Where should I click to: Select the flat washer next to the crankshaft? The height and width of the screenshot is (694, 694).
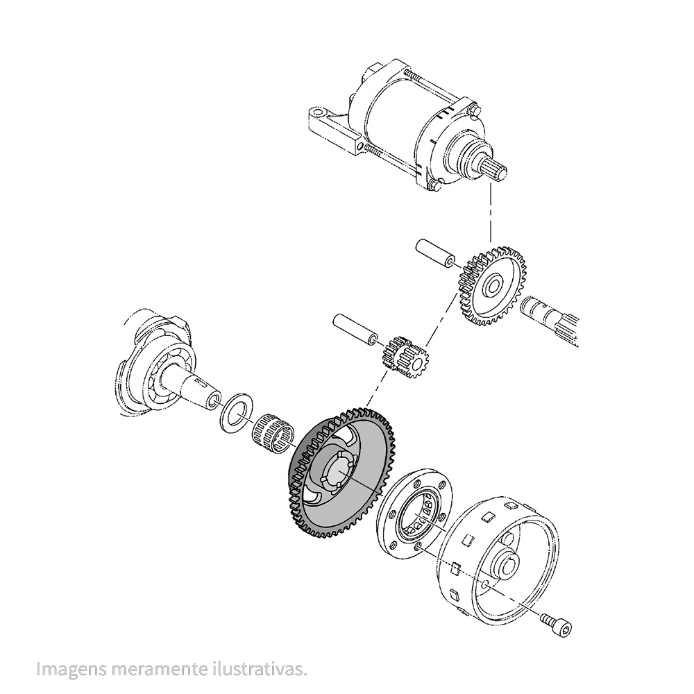pos(237,412)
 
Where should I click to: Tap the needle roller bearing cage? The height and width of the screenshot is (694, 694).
pos(273,433)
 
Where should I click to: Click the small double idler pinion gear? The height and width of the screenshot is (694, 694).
pos(403,357)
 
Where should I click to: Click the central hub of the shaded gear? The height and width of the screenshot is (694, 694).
pos(337,472)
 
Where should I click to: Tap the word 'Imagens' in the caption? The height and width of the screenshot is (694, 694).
pos(71,668)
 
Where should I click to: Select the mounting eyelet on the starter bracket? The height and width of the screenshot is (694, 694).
pos(319,110)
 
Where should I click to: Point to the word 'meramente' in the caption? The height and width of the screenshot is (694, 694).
pos(160,668)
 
